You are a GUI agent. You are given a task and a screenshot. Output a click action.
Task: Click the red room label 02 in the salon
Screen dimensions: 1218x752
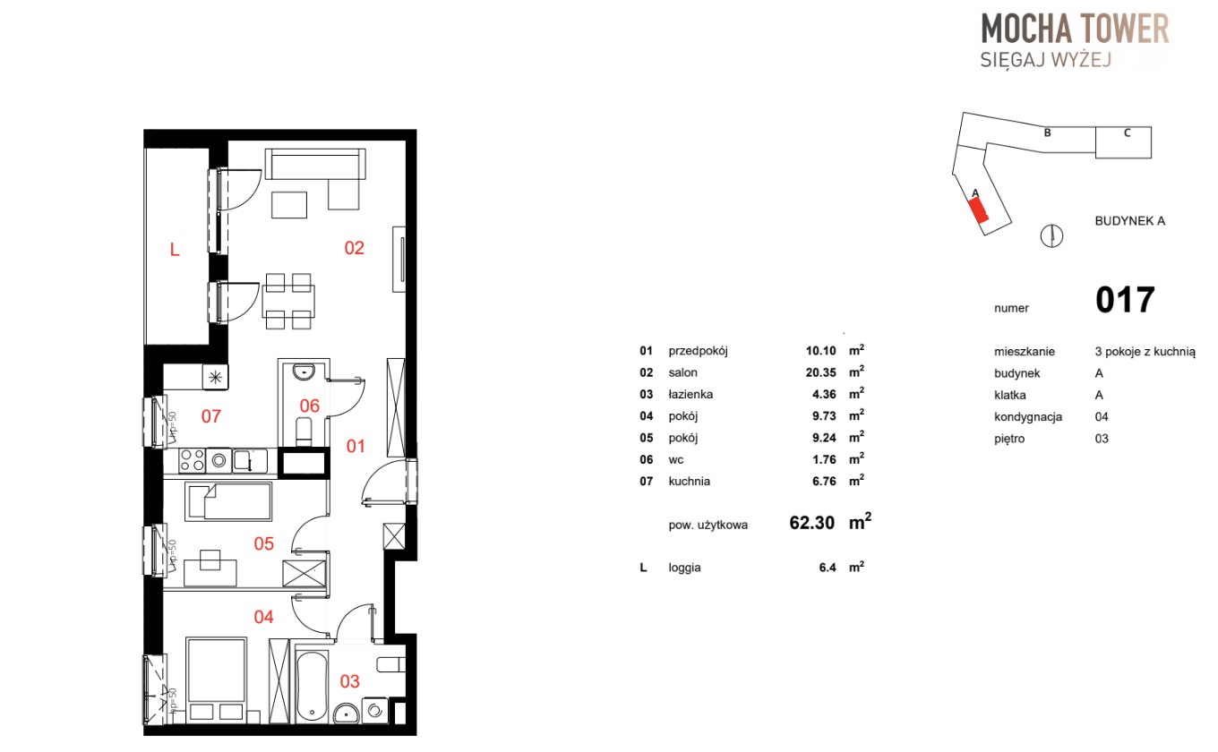point(354,248)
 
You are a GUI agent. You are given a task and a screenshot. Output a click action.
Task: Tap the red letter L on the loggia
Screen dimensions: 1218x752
point(175,250)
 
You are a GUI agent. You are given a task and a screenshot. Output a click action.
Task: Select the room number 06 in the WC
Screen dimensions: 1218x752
point(309,406)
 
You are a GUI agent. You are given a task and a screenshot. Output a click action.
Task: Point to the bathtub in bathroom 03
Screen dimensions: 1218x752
point(312,687)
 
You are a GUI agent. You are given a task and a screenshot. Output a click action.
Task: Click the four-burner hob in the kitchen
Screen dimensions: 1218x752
point(192,460)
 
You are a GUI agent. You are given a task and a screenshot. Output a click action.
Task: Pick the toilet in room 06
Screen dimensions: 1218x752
point(304,432)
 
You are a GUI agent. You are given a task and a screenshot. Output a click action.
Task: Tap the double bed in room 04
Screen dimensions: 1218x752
point(216,680)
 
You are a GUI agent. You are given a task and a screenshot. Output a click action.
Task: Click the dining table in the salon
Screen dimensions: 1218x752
point(288,302)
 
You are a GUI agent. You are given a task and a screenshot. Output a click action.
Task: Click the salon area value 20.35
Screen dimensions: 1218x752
point(820,372)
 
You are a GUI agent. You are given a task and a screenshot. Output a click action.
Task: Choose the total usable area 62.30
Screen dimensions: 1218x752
point(811,523)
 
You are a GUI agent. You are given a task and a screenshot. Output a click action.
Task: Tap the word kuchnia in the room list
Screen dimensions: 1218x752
point(689,482)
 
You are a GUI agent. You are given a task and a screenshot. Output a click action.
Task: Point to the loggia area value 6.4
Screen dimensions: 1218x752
point(827,568)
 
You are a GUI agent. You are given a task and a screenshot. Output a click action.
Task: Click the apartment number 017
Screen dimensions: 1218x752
point(1125,300)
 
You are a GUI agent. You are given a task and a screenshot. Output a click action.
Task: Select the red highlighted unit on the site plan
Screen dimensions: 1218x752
point(979,210)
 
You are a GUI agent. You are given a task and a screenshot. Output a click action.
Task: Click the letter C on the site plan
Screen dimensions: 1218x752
point(1128,132)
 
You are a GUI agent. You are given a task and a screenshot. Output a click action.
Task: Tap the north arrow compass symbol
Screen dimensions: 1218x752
point(1051,235)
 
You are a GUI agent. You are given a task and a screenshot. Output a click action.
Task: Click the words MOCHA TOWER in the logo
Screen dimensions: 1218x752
point(1075,29)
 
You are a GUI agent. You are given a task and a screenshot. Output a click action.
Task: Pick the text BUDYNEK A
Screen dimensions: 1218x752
point(1130,221)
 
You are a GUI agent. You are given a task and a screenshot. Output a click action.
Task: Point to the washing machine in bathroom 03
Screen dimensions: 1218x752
point(374,711)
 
